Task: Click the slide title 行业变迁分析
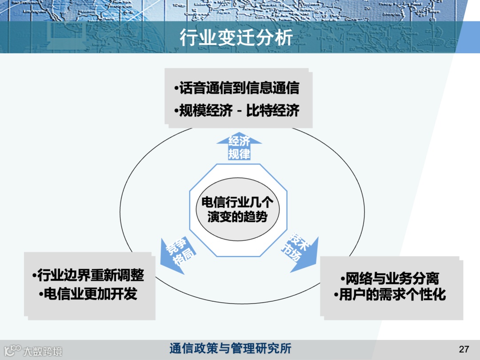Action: [236, 37]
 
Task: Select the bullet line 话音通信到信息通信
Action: [237, 88]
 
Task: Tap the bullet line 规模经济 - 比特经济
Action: [237, 111]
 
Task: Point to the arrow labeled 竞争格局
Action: [176, 253]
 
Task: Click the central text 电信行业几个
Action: [237, 203]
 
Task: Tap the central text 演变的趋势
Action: [237, 217]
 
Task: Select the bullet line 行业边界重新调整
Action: [88, 275]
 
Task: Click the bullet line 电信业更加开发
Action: [88, 294]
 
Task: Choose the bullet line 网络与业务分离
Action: [390, 279]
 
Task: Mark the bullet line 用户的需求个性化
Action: [390, 294]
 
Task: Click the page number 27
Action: [464, 349]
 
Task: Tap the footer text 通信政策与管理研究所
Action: [230, 348]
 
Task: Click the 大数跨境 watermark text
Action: [43, 351]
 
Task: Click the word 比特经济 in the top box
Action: [273, 111]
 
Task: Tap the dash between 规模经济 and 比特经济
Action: [239, 111]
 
